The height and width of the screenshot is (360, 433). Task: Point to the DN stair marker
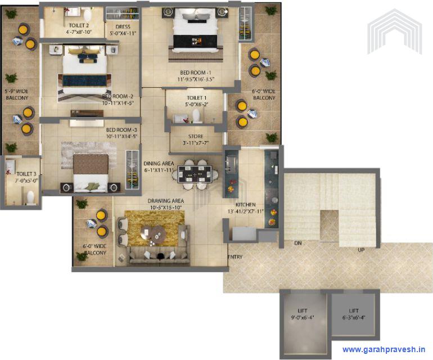(297, 243)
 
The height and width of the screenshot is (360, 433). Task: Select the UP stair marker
(362, 249)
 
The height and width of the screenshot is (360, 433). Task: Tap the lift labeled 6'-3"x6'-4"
(354, 314)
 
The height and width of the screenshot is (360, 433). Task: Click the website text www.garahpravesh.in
(384, 349)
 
